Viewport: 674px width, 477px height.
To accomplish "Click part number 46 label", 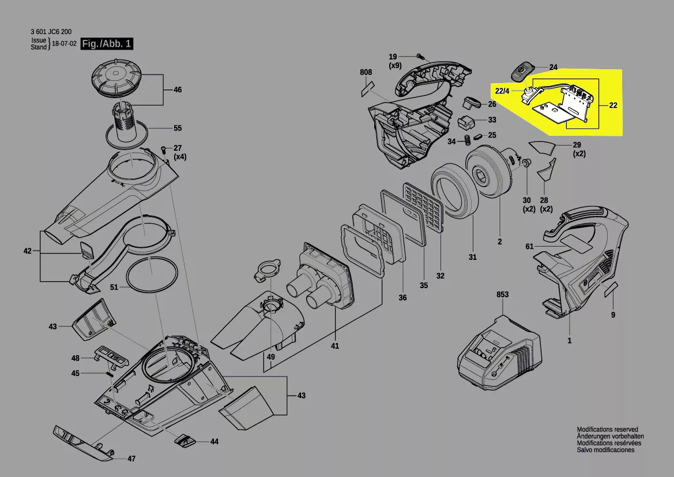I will [x=178, y=90].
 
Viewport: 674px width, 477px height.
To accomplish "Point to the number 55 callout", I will [x=178, y=128].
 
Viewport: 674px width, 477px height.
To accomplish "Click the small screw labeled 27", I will [x=164, y=149].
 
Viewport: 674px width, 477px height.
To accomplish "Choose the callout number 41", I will [x=335, y=346].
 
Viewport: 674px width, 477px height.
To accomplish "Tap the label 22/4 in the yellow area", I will [x=502, y=91].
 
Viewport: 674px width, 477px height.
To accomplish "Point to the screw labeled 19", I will [x=420, y=57].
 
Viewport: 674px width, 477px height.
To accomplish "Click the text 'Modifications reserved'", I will [x=607, y=430].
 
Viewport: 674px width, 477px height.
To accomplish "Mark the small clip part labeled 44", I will [x=184, y=441].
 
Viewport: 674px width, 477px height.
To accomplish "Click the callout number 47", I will [x=131, y=459].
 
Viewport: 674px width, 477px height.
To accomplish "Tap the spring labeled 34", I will [x=468, y=140].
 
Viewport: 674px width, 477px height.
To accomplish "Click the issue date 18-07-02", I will [x=64, y=44].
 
